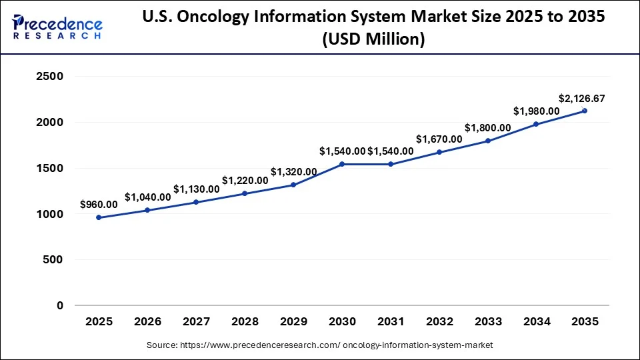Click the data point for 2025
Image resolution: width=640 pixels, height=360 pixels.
click(x=99, y=217)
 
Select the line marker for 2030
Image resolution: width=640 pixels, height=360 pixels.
click(x=342, y=164)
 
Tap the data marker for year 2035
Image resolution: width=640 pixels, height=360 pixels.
click(x=585, y=111)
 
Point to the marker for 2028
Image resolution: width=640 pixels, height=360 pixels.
click(x=245, y=193)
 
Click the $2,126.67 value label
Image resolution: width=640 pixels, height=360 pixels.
click(x=581, y=99)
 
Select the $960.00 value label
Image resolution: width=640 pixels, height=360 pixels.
click(x=99, y=205)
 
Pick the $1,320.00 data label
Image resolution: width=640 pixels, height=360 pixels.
click(x=293, y=172)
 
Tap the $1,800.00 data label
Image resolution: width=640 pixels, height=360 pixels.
click(x=488, y=128)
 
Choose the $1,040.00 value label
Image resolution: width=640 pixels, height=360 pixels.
click(x=147, y=197)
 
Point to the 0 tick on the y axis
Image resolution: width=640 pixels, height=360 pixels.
click(x=59, y=306)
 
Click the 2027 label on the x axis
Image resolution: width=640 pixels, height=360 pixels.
click(x=196, y=322)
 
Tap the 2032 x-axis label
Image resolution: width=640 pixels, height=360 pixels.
click(x=439, y=322)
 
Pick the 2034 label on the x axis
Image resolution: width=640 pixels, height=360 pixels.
click(x=537, y=322)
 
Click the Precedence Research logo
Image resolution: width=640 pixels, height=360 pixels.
click(x=57, y=27)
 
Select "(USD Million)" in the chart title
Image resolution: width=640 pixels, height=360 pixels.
click(x=373, y=39)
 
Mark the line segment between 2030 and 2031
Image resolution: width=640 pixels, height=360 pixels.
click(x=366, y=164)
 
